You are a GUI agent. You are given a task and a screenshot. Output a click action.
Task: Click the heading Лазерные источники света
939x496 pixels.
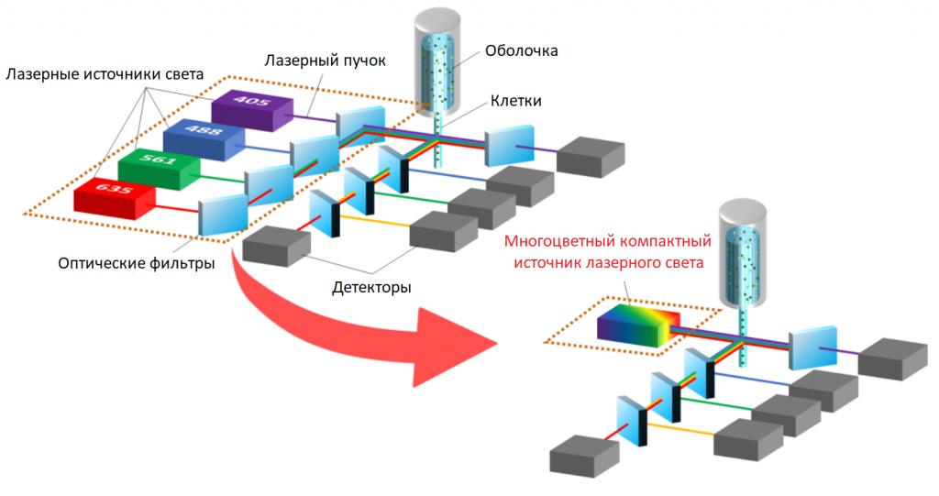[105, 73]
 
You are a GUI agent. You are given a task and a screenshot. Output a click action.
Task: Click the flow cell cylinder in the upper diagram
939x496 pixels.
[436, 64]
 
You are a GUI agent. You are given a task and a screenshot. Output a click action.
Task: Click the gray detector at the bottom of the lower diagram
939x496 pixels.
[583, 455]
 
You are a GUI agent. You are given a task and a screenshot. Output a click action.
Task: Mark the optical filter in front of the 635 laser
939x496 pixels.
[223, 213]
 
